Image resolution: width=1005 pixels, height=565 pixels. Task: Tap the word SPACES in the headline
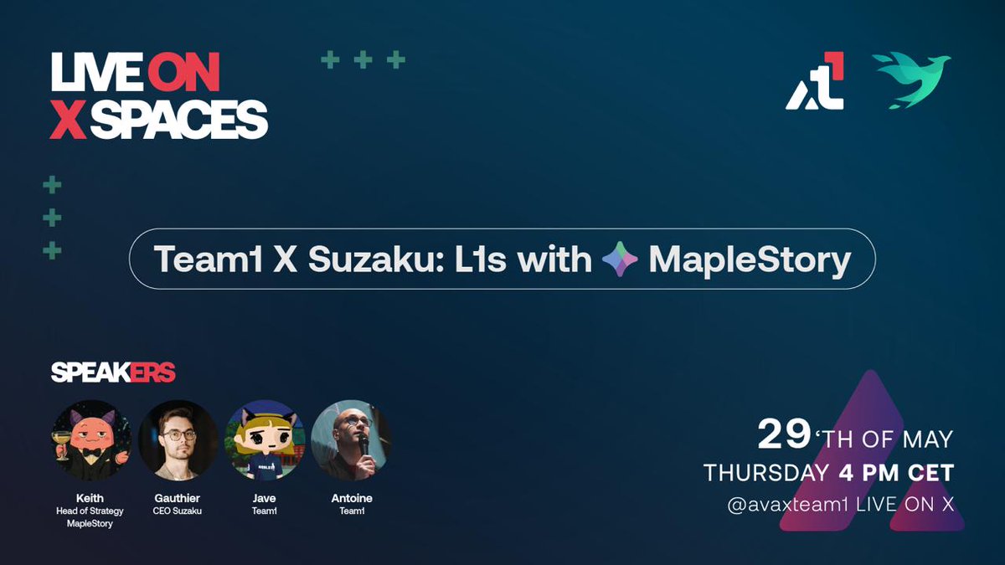pos(178,121)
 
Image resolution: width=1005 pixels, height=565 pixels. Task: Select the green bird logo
pos(911,80)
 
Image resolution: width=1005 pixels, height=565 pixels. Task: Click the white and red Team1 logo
pos(815,81)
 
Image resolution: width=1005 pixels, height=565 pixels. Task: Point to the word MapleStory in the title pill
pos(750,260)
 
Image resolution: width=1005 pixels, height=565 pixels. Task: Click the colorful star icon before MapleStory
pos(620,260)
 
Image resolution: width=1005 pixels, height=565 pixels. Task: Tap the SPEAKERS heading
pos(113,373)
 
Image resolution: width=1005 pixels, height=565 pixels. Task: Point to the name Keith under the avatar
pos(90,498)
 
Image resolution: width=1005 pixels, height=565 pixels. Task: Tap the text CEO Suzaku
pos(178,511)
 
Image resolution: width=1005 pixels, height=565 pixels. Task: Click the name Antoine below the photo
pos(352,498)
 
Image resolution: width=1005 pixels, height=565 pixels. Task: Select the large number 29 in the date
pos(784,435)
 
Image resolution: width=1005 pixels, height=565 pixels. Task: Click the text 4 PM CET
pos(895,473)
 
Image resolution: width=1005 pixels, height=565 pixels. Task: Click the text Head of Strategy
pos(90,511)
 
